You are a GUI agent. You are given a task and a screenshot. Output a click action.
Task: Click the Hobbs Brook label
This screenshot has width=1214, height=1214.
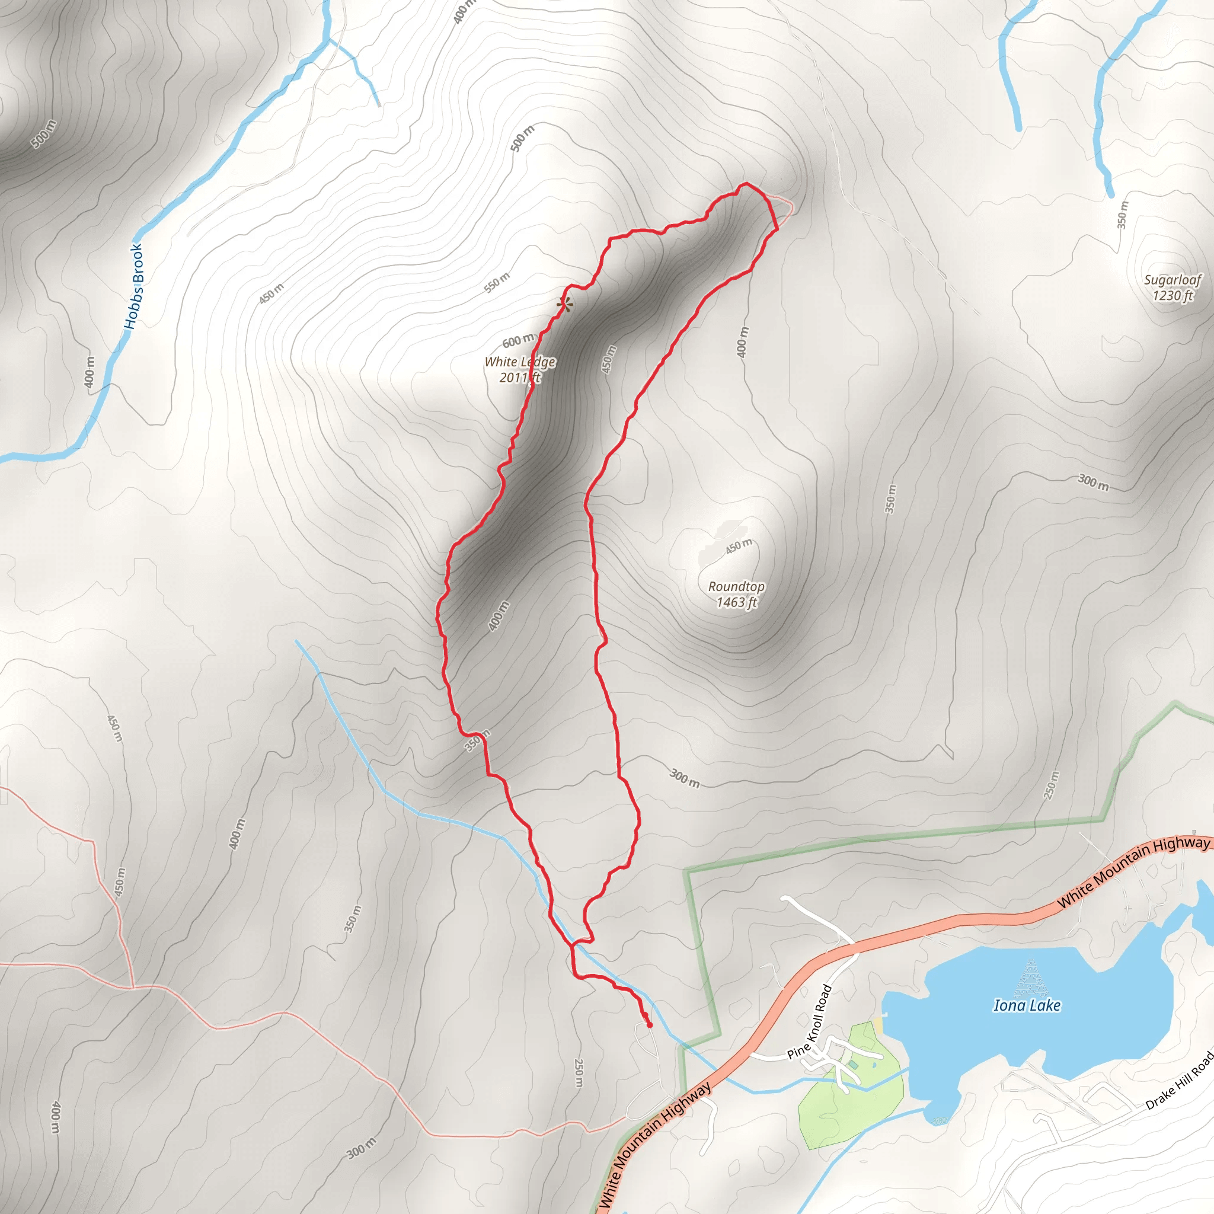click(x=134, y=286)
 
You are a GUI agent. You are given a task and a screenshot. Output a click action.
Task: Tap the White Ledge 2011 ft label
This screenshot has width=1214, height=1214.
click(x=520, y=369)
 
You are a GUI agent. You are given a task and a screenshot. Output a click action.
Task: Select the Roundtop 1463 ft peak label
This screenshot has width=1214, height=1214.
click(x=736, y=594)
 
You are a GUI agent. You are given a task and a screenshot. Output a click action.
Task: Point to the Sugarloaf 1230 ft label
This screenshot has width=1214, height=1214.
click(x=1173, y=287)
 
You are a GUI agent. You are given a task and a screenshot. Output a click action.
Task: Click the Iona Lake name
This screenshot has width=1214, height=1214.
click(x=1027, y=1005)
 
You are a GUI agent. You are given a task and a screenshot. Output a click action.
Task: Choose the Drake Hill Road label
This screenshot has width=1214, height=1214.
click(x=1180, y=1080)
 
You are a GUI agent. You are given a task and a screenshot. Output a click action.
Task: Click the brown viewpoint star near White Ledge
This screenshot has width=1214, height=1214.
click(x=565, y=305)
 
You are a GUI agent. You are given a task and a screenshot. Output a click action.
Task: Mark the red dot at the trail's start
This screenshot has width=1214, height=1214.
click(x=649, y=1025)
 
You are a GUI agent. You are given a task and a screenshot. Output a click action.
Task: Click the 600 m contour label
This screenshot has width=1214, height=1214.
click(x=517, y=341)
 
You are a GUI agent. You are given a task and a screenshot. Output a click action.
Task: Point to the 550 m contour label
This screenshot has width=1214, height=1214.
click(x=497, y=283)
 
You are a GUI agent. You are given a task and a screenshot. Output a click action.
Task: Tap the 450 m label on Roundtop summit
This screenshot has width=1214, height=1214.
click(x=739, y=545)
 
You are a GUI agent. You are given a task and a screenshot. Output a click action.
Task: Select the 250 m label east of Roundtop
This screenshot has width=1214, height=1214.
click(x=1050, y=785)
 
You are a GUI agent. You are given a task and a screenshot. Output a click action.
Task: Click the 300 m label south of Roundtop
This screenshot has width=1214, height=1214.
click(x=684, y=778)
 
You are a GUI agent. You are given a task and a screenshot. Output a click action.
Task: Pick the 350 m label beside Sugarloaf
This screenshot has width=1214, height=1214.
click(x=1122, y=214)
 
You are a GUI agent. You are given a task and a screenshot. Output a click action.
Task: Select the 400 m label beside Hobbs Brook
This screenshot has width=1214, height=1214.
click(x=90, y=372)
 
